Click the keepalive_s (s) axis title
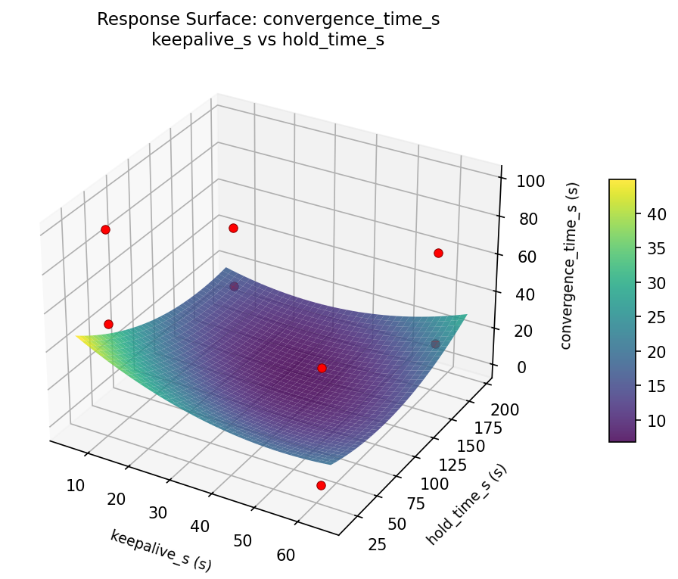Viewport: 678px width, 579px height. point(160,550)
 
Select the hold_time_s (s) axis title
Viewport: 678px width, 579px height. point(466,504)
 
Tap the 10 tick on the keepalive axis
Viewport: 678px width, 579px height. point(75,486)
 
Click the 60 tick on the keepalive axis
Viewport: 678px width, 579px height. point(285,555)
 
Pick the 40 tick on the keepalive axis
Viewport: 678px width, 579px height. point(201,528)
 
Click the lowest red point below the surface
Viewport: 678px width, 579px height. point(321,485)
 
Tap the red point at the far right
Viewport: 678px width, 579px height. point(438,253)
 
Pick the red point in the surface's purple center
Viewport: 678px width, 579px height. point(322,368)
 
